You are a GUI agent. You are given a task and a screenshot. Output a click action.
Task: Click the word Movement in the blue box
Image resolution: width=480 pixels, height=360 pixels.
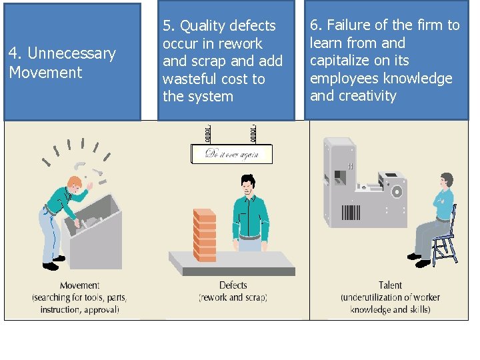[x=45, y=72]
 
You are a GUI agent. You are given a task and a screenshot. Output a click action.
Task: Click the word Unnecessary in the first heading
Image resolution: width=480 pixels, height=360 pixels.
[x=72, y=53]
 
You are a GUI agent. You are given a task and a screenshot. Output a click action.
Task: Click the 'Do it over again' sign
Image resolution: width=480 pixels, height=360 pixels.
[x=231, y=154]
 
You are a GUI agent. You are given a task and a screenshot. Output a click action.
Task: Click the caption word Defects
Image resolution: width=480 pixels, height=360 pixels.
[x=233, y=285]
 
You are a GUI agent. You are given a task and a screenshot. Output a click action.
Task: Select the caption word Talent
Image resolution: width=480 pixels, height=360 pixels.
[x=390, y=285]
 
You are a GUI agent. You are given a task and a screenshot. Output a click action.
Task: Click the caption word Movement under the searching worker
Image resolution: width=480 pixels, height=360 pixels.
[x=79, y=285]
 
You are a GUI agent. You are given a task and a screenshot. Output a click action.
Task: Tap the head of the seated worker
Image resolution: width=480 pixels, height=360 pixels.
[x=447, y=181]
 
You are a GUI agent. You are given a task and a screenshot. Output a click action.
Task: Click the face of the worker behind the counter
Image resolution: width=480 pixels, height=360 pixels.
[x=248, y=187]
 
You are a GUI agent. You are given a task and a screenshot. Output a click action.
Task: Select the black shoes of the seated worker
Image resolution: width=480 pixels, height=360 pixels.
[x=418, y=260]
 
